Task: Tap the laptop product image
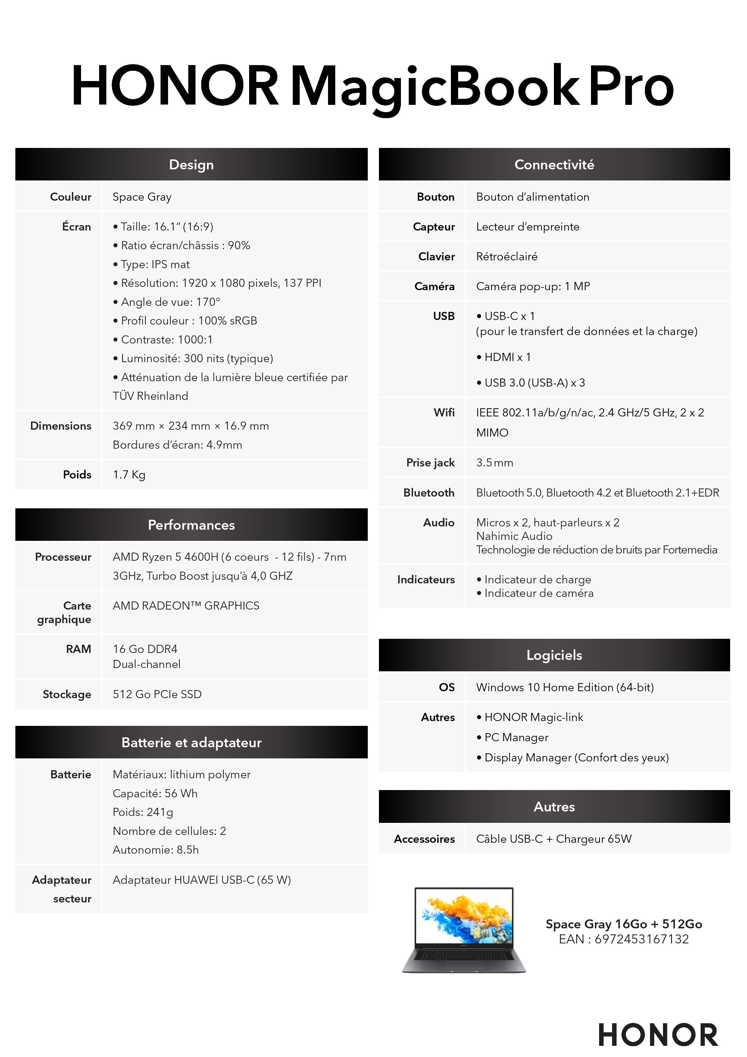point(464,930)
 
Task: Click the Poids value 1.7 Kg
point(129,475)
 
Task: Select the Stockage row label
point(67,694)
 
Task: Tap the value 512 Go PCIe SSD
point(157,694)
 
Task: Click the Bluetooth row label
point(429,493)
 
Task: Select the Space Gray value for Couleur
point(142,197)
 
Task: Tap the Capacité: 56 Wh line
point(155,793)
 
